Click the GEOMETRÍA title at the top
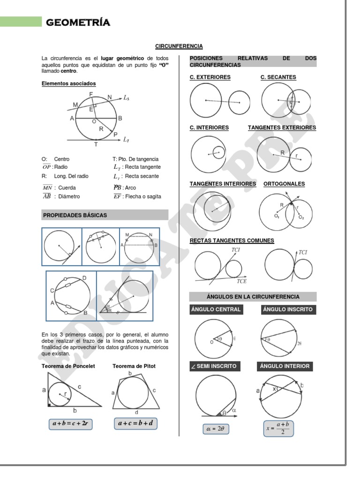click(x=78, y=22)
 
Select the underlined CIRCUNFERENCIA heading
click(x=179, y=46)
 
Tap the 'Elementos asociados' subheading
click(x=68, y=83)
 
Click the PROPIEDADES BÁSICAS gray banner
click(x=105, y=215)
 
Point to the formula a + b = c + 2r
click(x=70, y=424)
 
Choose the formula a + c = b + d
click(x=135, y=423)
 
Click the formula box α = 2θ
click(x=215, y=428)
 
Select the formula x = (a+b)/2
click(x=279, y=428)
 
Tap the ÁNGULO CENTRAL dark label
click(x=216, y=309)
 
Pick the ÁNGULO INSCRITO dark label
click(x=287, y=309)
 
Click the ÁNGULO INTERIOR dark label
click(x=285, y=366)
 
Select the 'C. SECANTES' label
click(x=278, y=77)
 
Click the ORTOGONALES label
click(x=284, y=184)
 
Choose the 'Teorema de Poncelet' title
click(x=68, y=366)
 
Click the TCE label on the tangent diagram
click(x=241, y=281)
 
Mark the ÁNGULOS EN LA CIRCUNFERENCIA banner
click(x=253, y=297)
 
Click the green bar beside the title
click(x=21, y=22)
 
